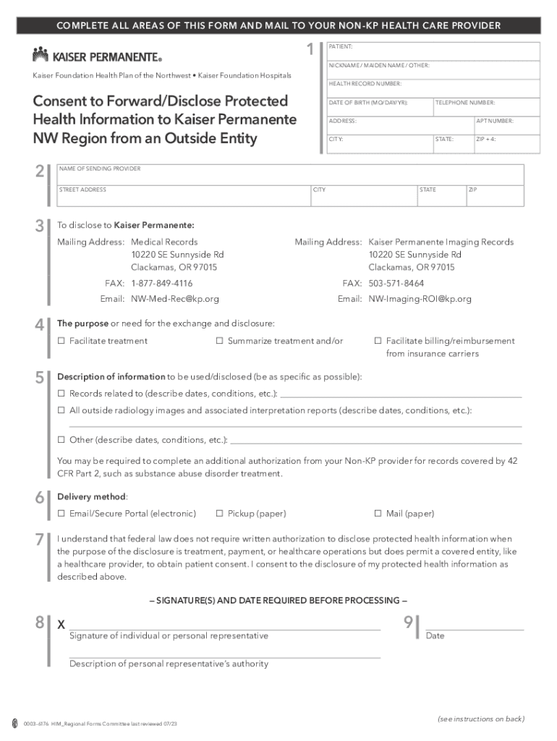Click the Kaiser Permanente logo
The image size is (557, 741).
point(97,55)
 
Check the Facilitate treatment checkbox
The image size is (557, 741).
point(61,341)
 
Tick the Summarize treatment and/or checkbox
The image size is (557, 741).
point(219,341)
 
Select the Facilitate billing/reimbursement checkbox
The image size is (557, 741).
point(377,341)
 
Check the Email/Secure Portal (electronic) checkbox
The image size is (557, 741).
point(61,514)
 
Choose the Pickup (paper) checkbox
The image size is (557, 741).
point(220,514)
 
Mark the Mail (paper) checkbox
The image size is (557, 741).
point(377,514)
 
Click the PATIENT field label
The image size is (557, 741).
point(341,46)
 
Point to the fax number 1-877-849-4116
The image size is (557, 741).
point(161,283)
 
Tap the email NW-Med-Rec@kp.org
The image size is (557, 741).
point(174,299)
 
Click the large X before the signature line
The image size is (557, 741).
point(61,624)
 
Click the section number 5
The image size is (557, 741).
point(39,377)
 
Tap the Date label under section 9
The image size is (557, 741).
point(435,636)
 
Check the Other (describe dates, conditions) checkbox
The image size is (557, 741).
point(61,440)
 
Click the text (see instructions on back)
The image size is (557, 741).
point(480,719)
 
